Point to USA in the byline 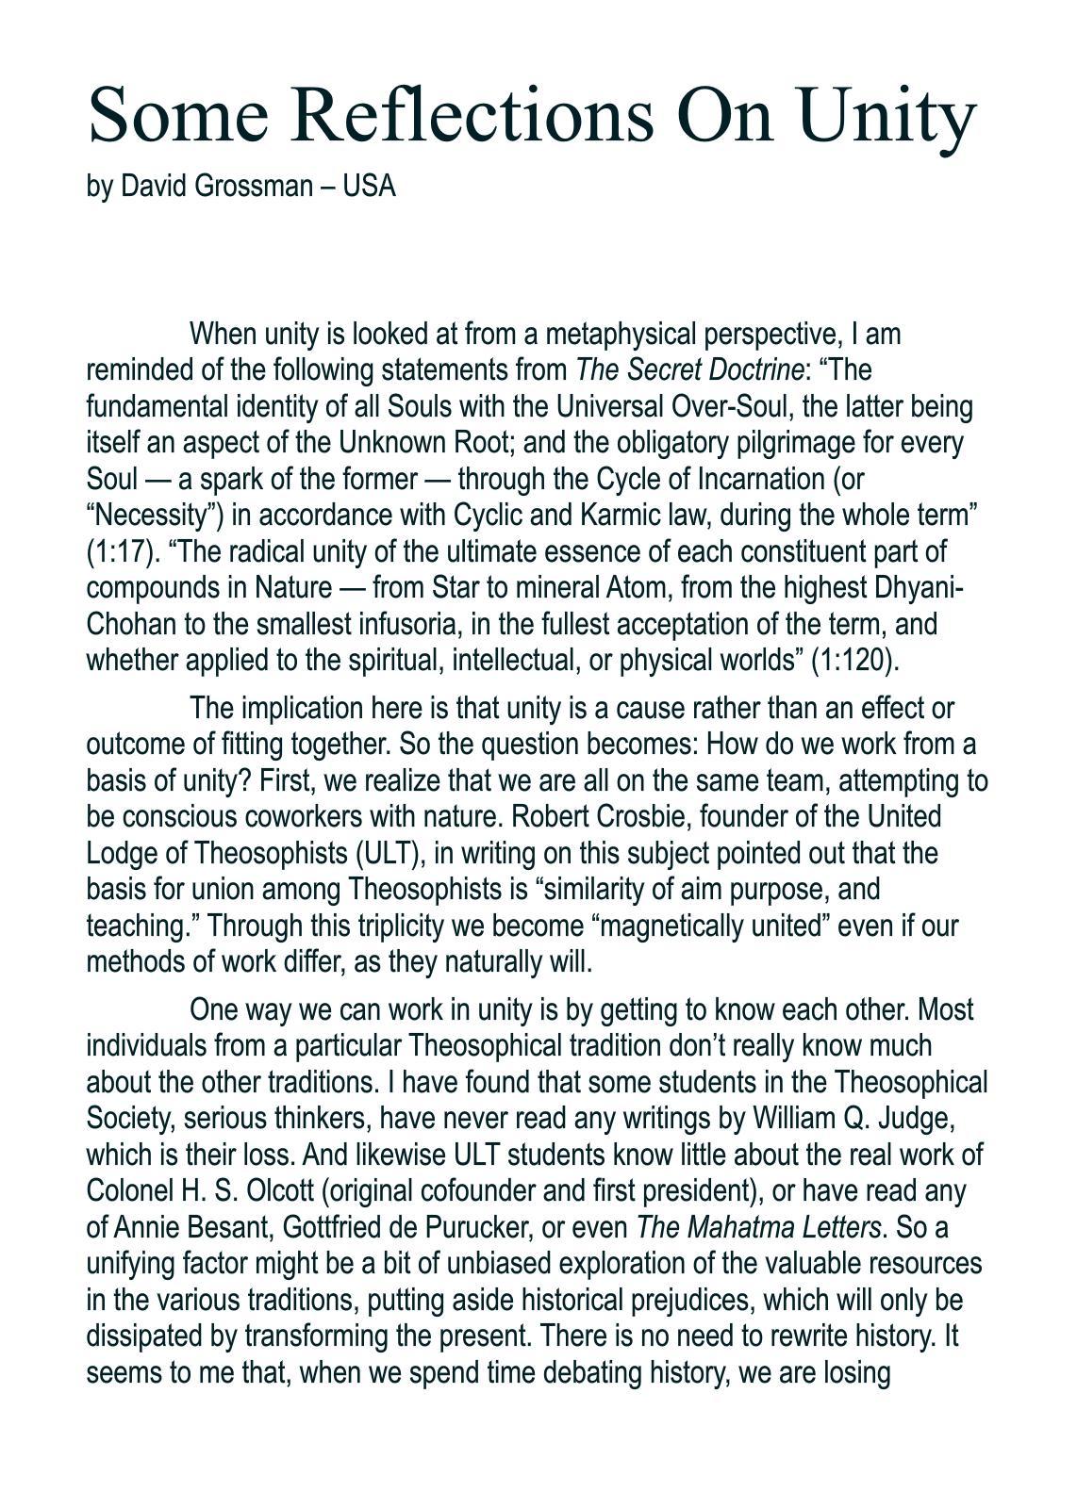point(369,186)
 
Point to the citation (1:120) point(855,660)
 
